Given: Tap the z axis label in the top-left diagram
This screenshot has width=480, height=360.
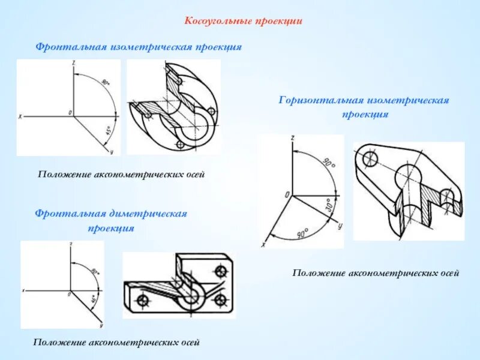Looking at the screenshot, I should click(73, 63).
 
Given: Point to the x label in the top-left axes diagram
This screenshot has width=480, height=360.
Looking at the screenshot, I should click(20, 116).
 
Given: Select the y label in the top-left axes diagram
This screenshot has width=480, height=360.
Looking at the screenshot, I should click(112, 151).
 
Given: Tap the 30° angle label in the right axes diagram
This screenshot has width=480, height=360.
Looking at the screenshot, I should click(329, 205).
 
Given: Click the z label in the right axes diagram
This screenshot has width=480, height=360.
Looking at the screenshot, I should click(292, 139).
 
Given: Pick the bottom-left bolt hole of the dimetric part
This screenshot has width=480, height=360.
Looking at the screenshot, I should click(143, 300).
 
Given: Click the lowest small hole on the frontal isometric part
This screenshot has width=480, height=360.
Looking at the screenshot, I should click(179, 145).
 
